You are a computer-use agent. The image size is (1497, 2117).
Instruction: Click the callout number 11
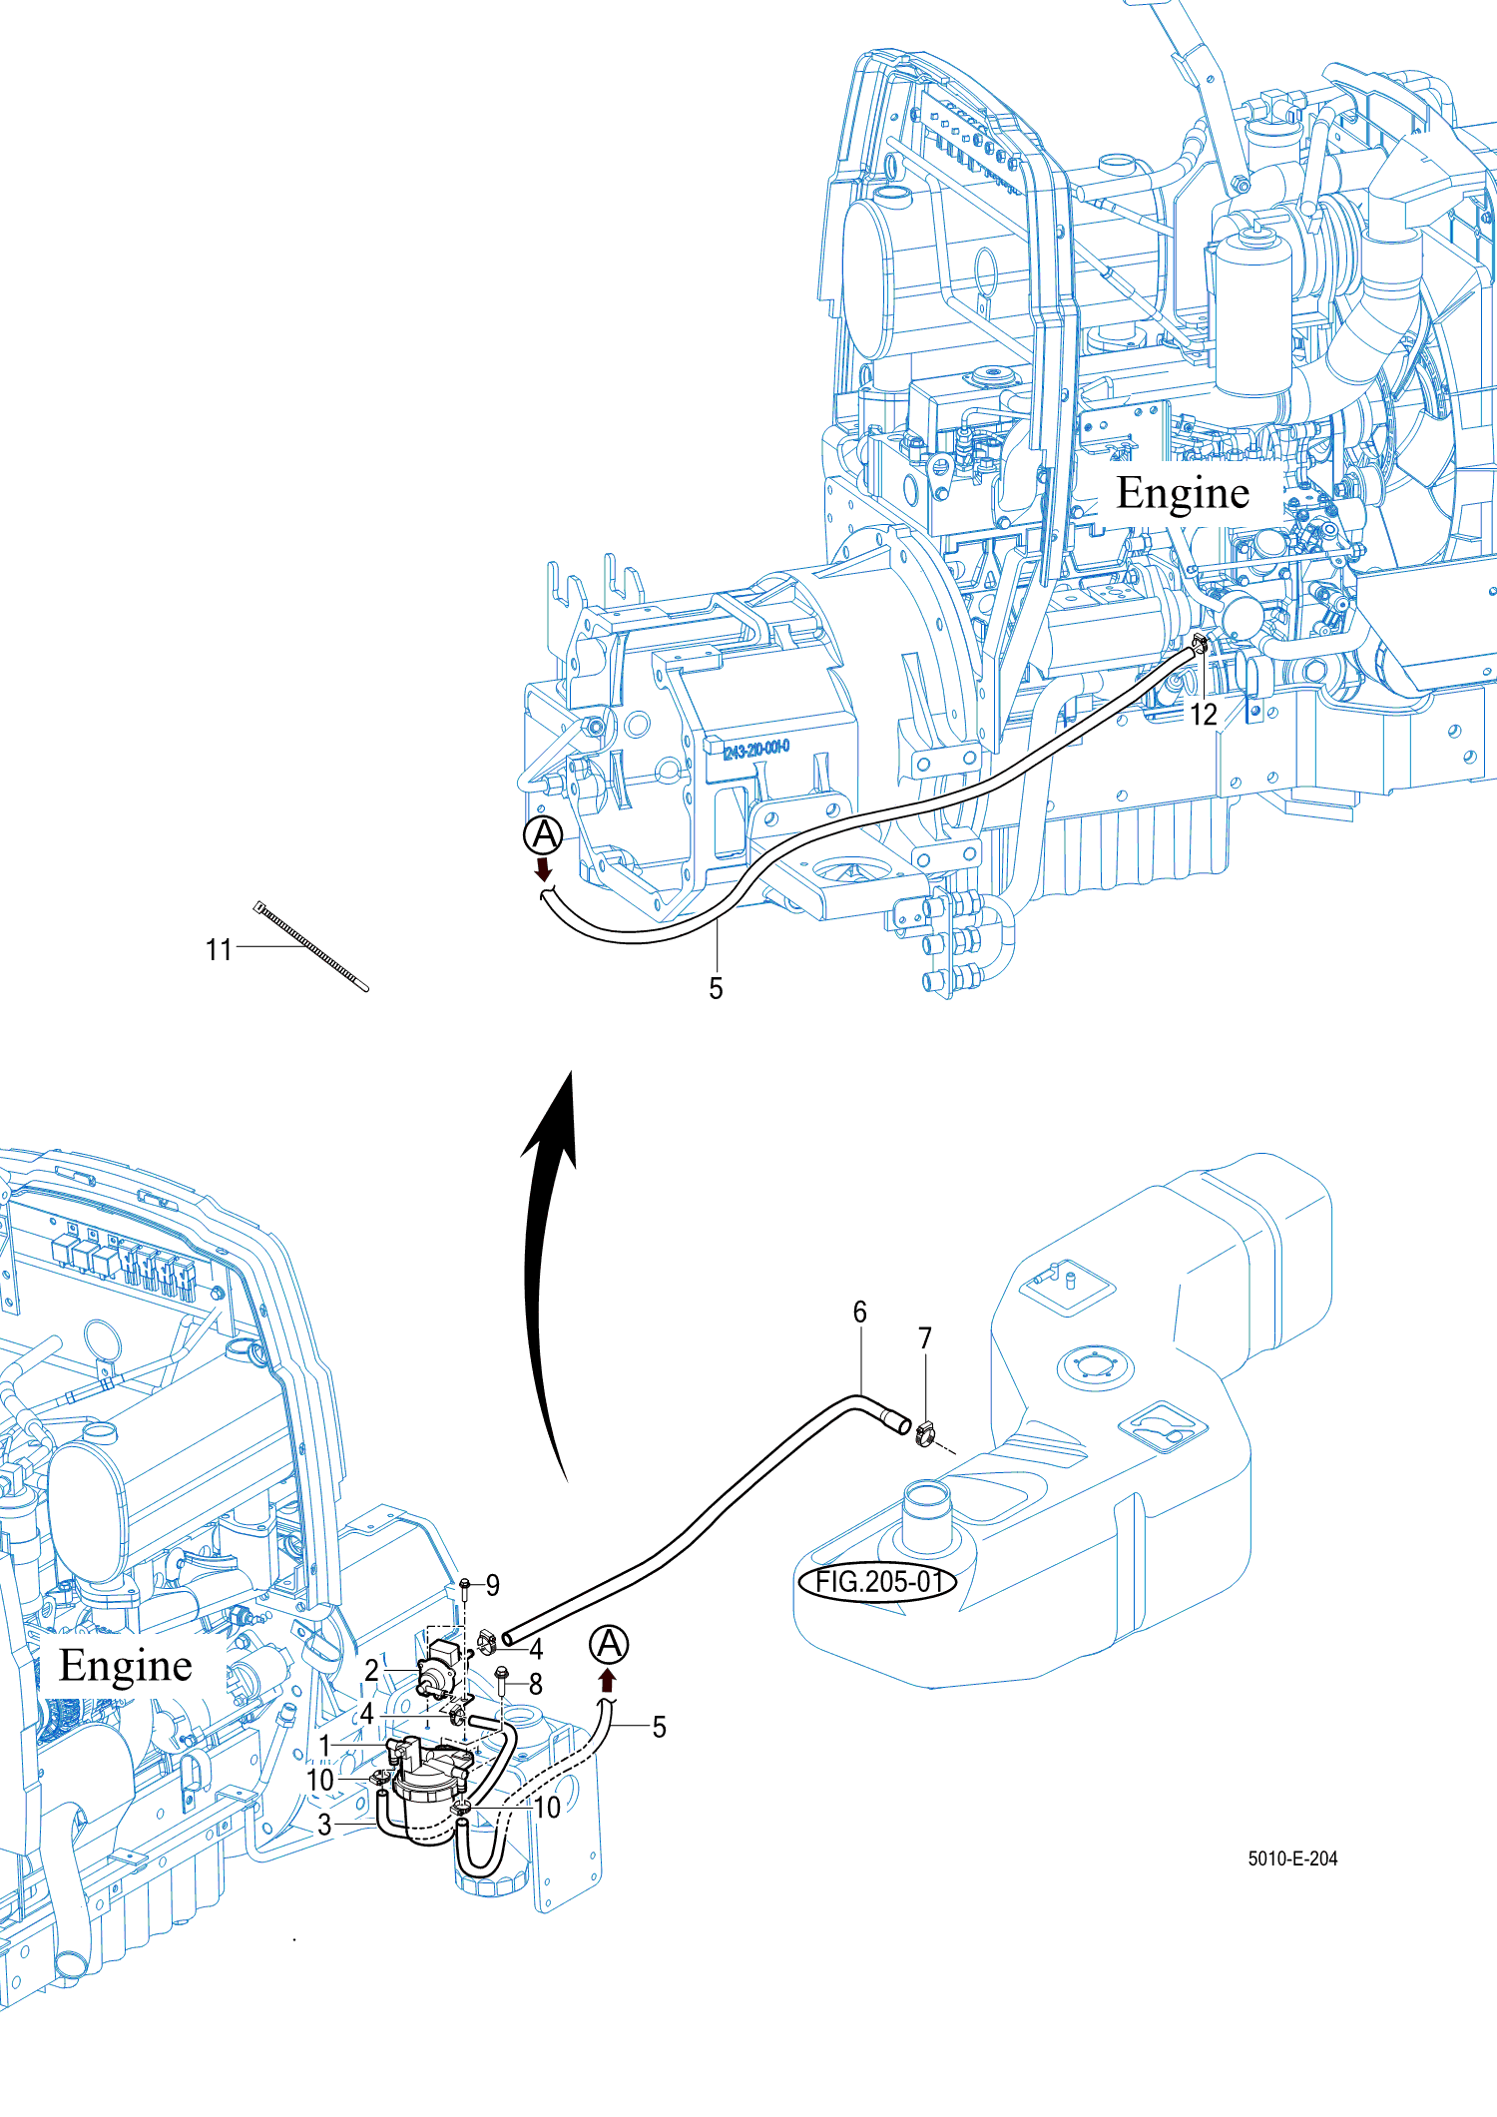pos(219,949)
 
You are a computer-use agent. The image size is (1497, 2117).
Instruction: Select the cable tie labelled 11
pos(311,946)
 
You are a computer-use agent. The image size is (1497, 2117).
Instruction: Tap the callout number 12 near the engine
pos(1204,715)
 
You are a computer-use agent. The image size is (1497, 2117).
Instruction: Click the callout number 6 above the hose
pos(859,1312)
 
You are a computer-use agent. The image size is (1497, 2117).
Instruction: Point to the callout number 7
pos(925,1337)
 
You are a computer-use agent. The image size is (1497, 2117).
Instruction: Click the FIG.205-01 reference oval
pos(877,1582)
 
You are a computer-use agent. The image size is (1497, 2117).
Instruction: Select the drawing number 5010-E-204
pos(1292,1858)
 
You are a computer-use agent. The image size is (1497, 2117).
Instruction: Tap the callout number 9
pos(492,1585)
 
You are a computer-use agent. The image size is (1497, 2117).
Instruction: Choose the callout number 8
pos(536,1685)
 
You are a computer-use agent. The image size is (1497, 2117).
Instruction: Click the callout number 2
pos(371,1670)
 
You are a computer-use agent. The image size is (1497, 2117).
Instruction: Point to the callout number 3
pos(324,1825)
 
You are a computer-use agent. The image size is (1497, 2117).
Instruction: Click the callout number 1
pos(324,1746)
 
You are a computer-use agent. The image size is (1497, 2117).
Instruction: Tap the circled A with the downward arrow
pos(544,836)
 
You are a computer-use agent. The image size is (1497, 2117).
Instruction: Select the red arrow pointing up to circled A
pos(607,1680)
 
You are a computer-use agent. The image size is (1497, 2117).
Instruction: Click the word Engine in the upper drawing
pos(1183,493)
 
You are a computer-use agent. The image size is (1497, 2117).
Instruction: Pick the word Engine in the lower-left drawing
pos(126,1666)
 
